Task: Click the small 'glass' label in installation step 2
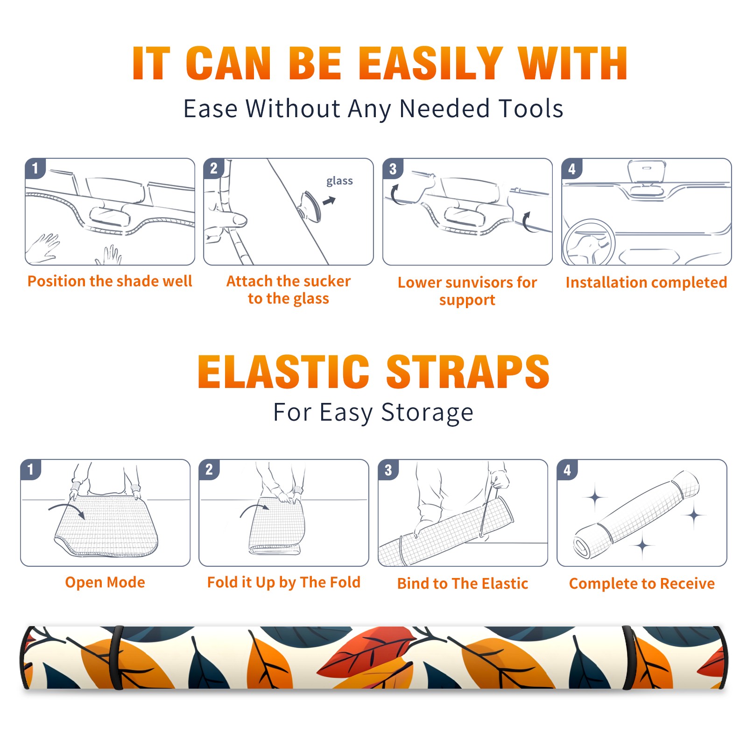339,181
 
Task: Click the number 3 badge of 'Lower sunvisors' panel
393,169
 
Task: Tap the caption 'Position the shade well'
110,281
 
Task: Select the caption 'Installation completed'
646,282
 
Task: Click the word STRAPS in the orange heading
468,372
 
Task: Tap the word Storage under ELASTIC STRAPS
427,413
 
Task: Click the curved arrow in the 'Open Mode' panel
66,509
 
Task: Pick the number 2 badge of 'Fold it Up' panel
209,469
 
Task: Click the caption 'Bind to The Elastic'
463,584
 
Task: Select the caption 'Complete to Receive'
642,584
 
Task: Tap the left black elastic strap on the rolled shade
116,657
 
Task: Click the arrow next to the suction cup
330,201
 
